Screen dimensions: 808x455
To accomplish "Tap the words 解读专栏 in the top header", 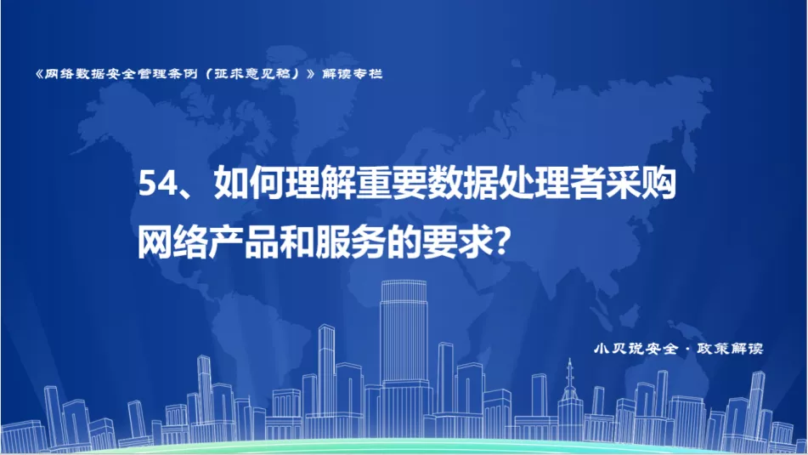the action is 352,74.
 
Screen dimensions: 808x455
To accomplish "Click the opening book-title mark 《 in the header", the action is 39,74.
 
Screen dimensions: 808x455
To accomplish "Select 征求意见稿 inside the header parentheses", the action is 252,74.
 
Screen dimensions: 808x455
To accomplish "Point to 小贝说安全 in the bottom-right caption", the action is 636,349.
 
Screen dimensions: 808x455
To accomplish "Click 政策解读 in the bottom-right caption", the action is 730,349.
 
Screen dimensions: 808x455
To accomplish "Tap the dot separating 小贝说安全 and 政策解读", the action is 687,350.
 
